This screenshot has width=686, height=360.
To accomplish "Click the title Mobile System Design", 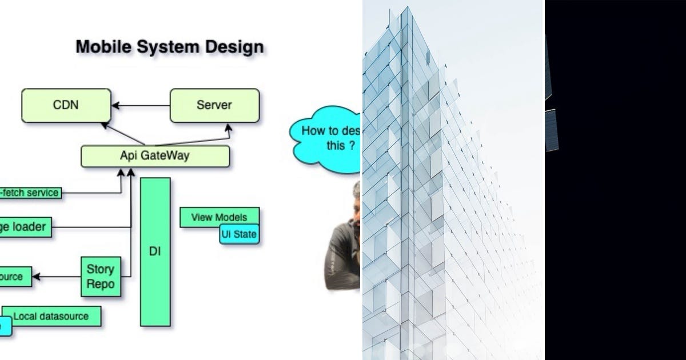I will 170,46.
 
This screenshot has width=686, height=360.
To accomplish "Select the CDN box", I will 66,105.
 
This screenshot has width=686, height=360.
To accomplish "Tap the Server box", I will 214,105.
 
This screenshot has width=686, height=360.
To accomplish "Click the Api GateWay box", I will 155,156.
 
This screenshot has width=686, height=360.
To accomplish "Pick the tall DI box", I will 155,251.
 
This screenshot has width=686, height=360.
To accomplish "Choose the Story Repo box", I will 101,277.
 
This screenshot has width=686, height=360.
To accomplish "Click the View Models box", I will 219,218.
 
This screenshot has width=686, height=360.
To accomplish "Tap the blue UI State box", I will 239,234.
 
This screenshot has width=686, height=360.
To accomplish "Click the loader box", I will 26,227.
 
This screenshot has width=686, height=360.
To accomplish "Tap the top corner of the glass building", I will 408,8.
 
